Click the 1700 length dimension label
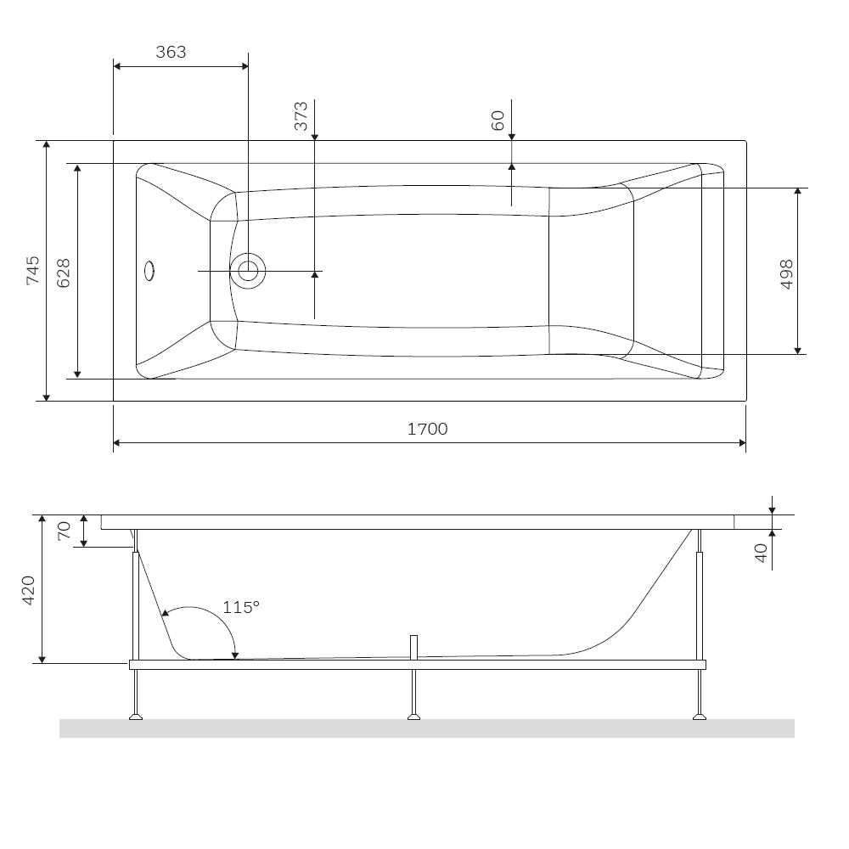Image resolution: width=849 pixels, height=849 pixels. coord(427,429)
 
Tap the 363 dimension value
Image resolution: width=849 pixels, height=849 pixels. coord(171,52)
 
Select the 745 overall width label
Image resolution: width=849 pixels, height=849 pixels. coord(32,270)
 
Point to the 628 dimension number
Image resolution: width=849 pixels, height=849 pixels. coord(64,273)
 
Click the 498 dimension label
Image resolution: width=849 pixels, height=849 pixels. coord(787,274)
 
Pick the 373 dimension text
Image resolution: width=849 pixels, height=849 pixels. coord(301,115)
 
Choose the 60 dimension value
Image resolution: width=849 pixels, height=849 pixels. coord(498,121)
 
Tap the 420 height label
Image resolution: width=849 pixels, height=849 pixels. coord(28,590)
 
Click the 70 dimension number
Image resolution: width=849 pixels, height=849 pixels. coord(64,531)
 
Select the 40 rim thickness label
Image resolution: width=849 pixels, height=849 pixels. coord(761,553)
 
